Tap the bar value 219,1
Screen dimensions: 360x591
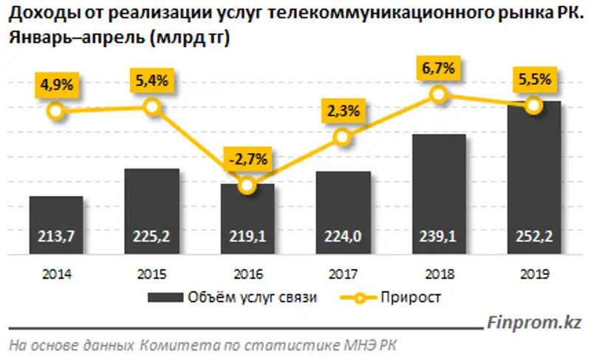click(x=247, y=236)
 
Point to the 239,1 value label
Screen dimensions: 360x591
click(x=438, y=236)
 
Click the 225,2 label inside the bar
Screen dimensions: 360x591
click(x=152, y=236)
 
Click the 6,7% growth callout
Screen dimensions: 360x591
click(x=437, y=69)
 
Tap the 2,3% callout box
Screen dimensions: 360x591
click(x=341, y=112)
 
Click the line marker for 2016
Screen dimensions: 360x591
click(x=247, y=186)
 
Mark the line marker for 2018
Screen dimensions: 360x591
click(x=438, y=94)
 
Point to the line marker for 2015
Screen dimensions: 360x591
click(x=152, y=107)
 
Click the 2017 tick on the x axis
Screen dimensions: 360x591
click(x=343, y=274)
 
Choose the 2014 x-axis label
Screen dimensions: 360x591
click(x=56, y=274)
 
